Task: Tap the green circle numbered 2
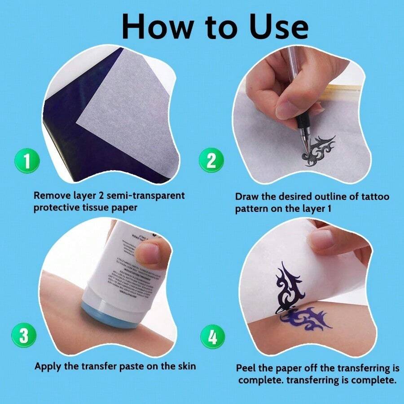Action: pos(211,161)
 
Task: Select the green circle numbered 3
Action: pos(24,336)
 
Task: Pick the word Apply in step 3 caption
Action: pos(49,366)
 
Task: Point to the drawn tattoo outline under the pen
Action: pos(319,150)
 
